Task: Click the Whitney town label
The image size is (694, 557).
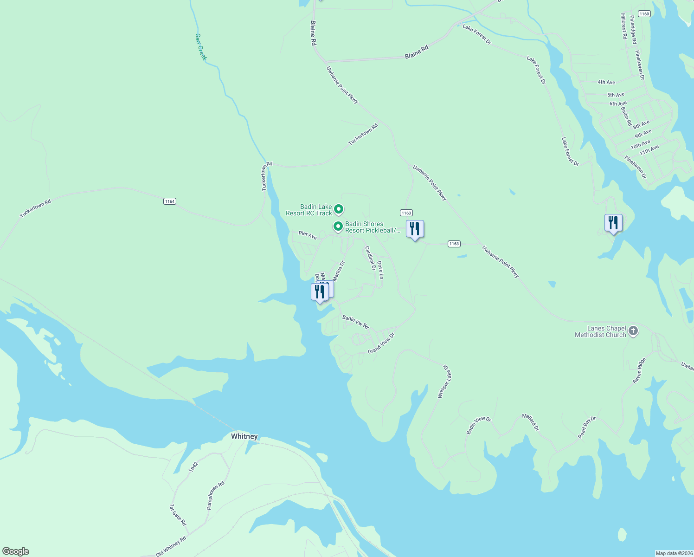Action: (244, 436)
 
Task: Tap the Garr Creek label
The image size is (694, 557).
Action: (200, 46)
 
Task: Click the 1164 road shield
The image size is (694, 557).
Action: (169, 201)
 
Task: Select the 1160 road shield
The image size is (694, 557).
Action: (644, 14)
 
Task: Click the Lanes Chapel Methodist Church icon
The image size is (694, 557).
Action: (633, 331)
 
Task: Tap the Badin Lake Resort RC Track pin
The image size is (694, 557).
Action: (339, 209)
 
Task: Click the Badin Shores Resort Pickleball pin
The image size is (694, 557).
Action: (338, 227)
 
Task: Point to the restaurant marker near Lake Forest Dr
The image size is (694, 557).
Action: (613, 223)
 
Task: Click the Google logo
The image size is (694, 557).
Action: (15, 551)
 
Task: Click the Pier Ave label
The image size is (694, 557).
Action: (308, 235)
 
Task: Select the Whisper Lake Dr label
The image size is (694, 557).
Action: (444, 381)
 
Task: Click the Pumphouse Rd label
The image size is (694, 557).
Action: (216, 495)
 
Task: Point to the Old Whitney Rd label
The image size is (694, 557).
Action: (171, 546)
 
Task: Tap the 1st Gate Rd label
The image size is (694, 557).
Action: (178, 514)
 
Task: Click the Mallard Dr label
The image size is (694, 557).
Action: (530, 422)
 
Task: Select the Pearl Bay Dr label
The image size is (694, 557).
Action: (587, 427)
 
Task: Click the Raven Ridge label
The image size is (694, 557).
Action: (639, 370)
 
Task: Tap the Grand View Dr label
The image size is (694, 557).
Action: (381, 343)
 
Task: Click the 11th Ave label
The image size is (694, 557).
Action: (649, 150)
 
